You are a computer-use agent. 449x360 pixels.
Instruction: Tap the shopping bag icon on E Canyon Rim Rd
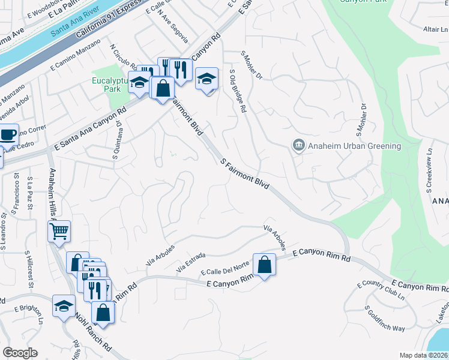pos(264,265)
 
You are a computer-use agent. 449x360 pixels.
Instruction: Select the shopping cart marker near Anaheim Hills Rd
pos(59,230)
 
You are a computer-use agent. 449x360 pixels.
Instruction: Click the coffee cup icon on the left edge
pos(7,134)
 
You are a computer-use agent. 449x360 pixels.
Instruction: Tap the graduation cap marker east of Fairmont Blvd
pos(206,79)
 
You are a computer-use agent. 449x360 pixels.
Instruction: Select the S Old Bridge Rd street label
pos(238,91)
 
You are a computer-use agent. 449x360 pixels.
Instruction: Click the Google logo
pos(20,352)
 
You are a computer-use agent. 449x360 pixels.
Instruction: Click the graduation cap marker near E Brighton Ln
pos(64,305)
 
